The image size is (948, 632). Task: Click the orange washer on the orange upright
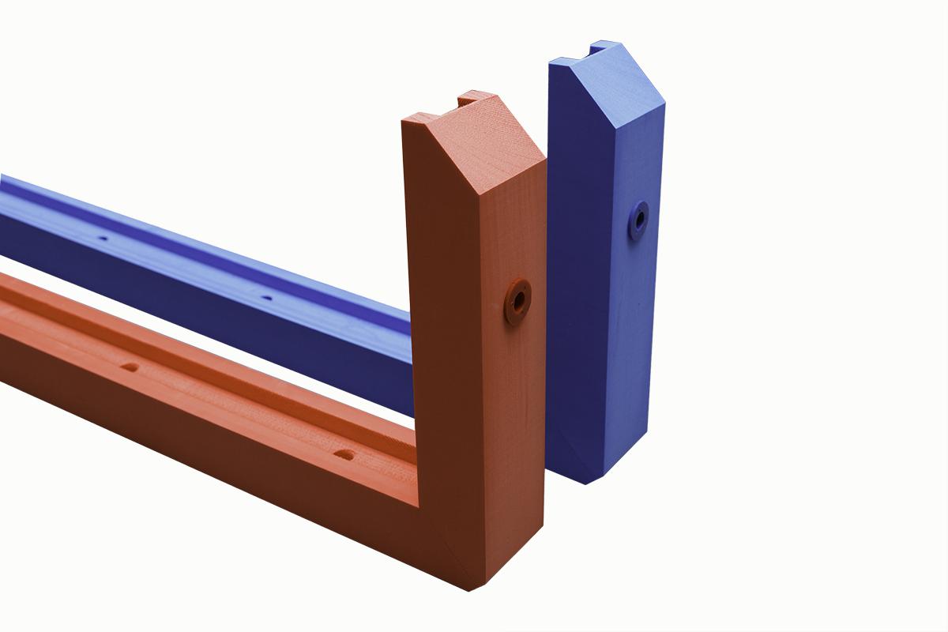click(517, 301)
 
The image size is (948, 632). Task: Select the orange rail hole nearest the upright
click(344, 455)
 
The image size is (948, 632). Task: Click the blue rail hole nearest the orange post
click(266, 299)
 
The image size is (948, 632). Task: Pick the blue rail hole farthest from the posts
click(102, 237)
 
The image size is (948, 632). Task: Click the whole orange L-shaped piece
click(474, 395)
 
